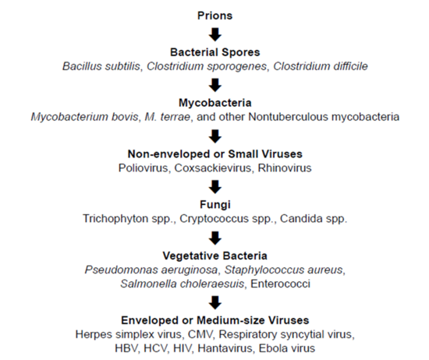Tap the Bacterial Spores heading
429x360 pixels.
(x=215, y=52)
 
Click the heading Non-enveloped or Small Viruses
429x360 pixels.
(x=215, y=154)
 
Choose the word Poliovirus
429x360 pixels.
(x=146, y=168)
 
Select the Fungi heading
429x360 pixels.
(x=215, y=204)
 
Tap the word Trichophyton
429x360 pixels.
(x=119, y=218)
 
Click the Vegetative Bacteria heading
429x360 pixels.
(x=215, y=255)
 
